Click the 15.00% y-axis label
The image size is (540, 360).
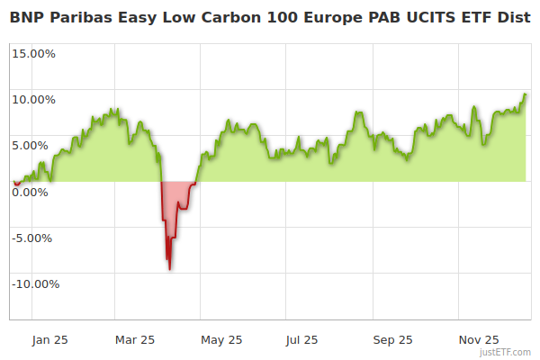point(34,53)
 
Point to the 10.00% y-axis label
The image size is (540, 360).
point(34,99)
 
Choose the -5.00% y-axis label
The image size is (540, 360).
point(35,238)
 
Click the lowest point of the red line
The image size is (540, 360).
point(170,269)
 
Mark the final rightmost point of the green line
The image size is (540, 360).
point(526,94)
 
